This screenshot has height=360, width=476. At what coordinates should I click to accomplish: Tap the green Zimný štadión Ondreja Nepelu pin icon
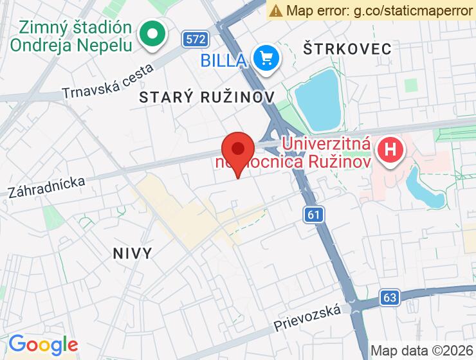coord(154,34)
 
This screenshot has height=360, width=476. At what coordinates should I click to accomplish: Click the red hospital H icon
coord(390,151)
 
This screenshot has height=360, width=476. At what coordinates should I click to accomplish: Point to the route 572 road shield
coord(194,39)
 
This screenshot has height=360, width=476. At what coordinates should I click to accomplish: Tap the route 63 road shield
coord(389,297)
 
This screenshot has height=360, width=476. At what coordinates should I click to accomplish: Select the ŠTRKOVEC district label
coord(347,49)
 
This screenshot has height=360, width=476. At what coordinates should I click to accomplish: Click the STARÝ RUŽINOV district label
coord(206,96)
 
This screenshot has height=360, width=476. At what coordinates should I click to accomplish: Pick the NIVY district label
coord(133,253)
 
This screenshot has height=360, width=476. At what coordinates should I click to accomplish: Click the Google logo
coord(43,345)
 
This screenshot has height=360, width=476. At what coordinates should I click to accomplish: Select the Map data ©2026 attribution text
coord(421,351)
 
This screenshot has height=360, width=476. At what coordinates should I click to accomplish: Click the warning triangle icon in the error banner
coord(276,10)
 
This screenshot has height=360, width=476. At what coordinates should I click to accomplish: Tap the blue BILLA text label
coord(223,61)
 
